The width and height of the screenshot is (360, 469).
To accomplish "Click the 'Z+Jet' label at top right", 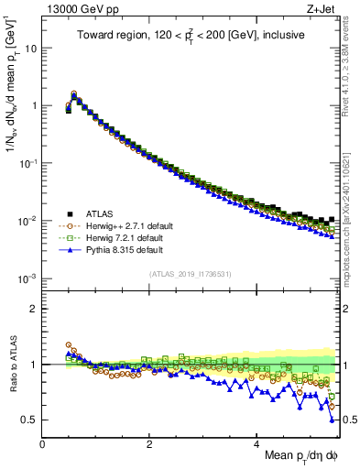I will tap(321, 8).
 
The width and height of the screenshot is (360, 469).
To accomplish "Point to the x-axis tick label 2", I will tap(149, 444).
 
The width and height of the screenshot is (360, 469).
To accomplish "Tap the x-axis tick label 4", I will tap(256, 444).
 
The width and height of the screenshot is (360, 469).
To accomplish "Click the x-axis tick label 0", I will tap(42, 444).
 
